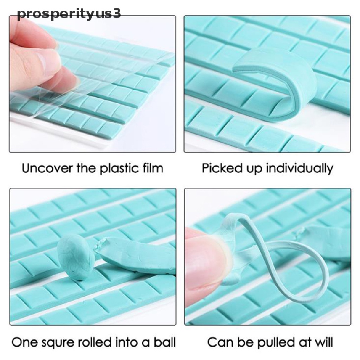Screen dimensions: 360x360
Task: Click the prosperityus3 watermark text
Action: pyautogui.click(x=69, y=14)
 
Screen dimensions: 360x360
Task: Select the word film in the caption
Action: pyautogui.click(x=152, y=168)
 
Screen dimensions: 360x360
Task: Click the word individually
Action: pyautogui.click(x=299, y=168)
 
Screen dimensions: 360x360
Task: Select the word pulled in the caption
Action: pyautogui.click(x=272, y=342)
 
